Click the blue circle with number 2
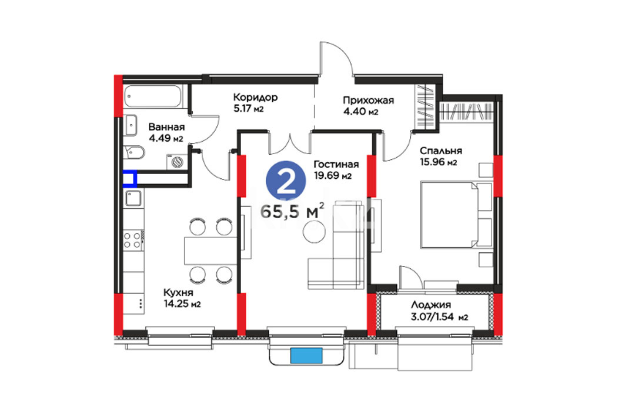click(x=286, y=181)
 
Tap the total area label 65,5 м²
click(x=292, y=211)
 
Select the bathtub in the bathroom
click(x=153, y=96)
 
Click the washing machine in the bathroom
click(x=177, y=162)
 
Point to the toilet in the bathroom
click(x=134, y=152)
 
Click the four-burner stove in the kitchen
click(x=132, y=240)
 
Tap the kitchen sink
click(x=133, y=198)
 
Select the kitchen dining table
click(x=211, y=251)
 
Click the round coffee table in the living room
click(x=315, y=231)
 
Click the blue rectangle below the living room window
click(x=306, y=356)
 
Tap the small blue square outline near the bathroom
click(x=130, y=179)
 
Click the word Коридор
click(x=255, y=97)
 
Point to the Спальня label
click(x=441, y=151)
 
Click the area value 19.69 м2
click(x=332, y=175)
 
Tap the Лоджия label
click(x=431, y=305)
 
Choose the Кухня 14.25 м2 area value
click(x=182, y=303)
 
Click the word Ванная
click(x=166, y=127)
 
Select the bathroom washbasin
click(x=131, y=125)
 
